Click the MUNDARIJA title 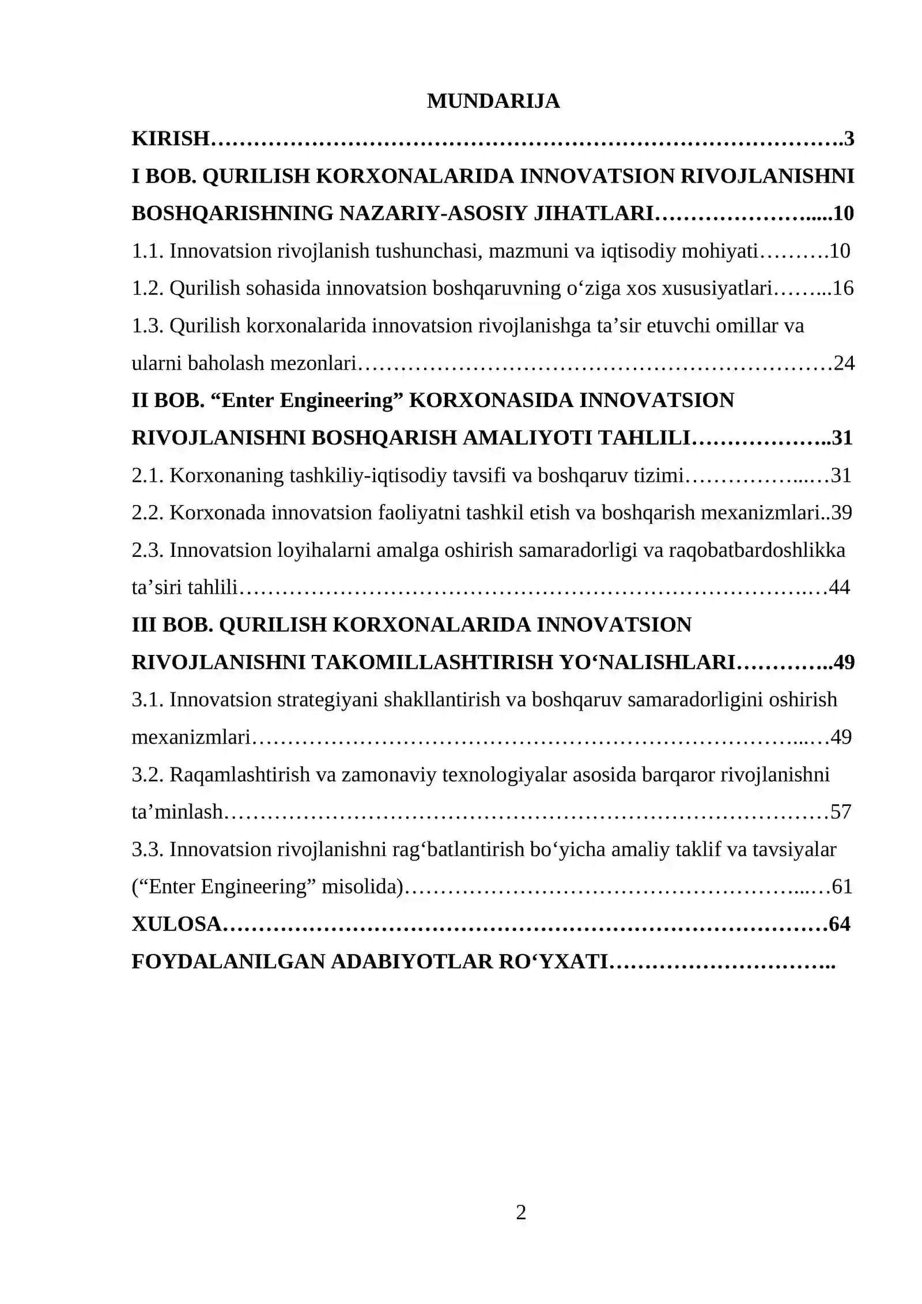(x=493, y=101)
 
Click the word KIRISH (x=170, y=138)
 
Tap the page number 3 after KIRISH (x=849, y=138)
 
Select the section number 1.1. (x=148, y=251)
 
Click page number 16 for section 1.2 (x=843, y=288)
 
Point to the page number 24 (x=844, y=363)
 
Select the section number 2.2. (x=148, y=512)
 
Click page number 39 (x=842, y=512)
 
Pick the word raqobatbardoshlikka (x=757, y=550)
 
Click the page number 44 (x=839, y=587)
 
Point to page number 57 (x=841, y=812)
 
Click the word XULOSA (x=176, y=924)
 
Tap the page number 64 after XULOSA (x=840, y=924)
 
